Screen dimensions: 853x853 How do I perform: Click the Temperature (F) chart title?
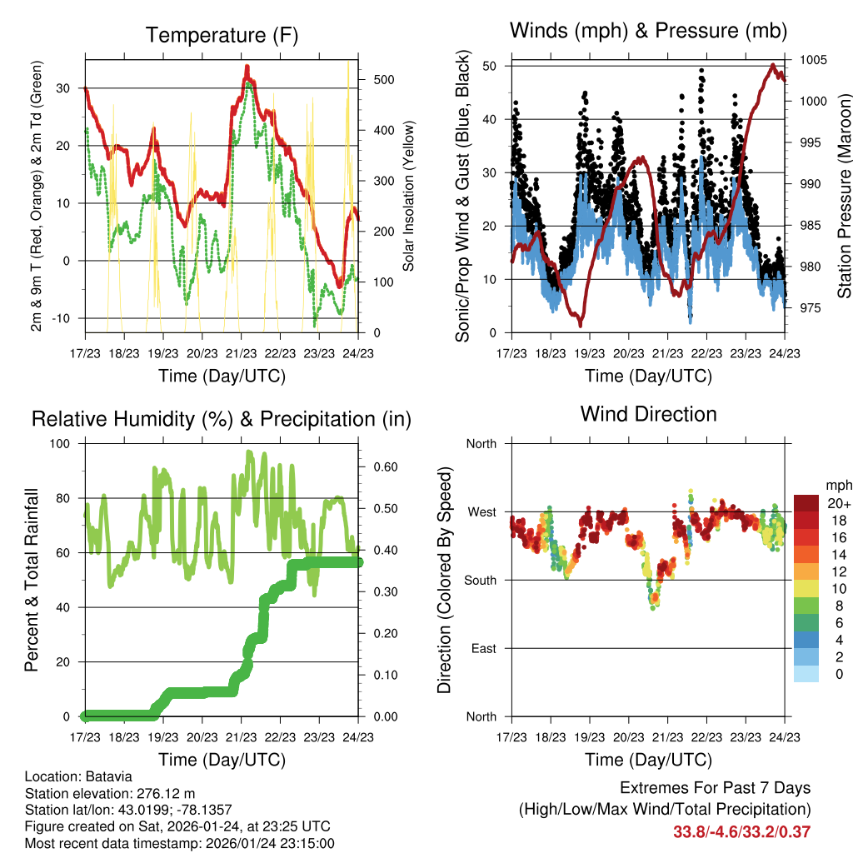click(221, 35)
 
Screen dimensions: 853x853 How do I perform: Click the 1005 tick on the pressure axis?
click(813, 60)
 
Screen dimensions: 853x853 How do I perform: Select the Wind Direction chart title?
click(648, 414)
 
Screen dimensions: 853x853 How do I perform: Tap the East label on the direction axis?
click(482, 648)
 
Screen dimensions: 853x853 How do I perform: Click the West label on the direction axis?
click(481, 511)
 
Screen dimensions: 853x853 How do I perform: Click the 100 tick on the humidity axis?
click(60, 444)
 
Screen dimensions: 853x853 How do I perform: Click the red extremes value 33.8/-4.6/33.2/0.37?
click(741, 831)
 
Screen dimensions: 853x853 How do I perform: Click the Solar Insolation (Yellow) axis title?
click(408, 196)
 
